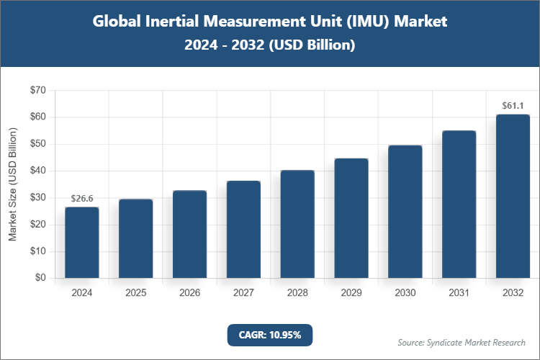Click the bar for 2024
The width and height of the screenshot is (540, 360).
(81, 243)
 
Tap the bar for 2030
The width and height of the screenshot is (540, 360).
(405, 212)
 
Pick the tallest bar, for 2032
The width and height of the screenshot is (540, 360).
(513, 197)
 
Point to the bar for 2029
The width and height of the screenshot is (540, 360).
(351, 218)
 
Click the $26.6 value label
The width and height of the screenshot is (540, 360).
(81, 198)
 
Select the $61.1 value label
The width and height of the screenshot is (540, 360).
(513, 106)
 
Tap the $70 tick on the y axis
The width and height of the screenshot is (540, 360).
(37, 91)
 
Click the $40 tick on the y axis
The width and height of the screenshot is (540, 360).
(37, 171)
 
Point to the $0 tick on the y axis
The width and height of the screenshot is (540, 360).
(40, 279)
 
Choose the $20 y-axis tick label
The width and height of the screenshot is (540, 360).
(37, 225)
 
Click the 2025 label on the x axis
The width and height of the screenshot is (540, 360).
(135, 293)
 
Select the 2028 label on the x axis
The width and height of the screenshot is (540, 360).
(297, 293)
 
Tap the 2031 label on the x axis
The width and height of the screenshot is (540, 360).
(459, 293)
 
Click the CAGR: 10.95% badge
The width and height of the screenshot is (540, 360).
(270, 334)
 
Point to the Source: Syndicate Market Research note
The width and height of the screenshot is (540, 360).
(462, 342)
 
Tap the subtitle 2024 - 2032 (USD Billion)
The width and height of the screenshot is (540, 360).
(270, 45)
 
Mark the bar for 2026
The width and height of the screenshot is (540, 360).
(189, 235)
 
